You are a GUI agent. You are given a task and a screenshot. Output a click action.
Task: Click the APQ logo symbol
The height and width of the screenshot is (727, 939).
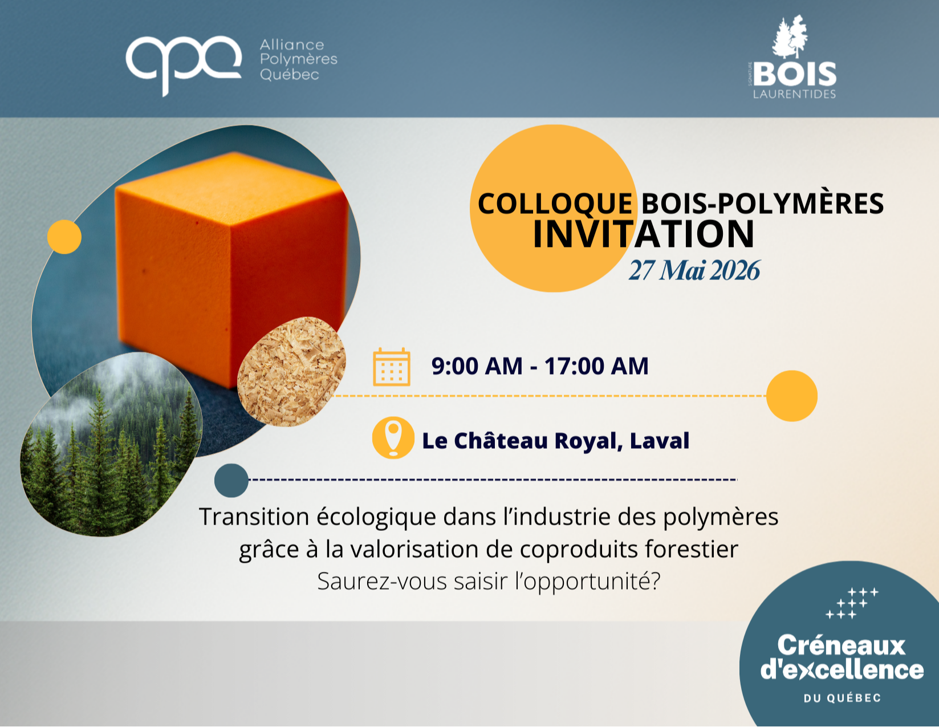pos(184,65)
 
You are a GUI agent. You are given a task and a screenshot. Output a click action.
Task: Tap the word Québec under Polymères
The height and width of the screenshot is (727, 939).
pos(290,75)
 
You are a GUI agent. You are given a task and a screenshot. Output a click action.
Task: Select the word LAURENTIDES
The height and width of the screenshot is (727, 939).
pos(794,94)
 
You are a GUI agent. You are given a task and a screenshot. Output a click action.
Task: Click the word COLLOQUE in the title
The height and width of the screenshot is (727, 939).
pos(555,204)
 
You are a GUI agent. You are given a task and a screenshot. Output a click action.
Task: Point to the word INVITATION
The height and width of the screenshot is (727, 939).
pos(644,234)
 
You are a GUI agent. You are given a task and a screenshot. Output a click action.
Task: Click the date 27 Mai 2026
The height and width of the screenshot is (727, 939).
pos(694,270)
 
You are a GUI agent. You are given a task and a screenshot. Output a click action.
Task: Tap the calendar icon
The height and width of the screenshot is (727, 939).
pos(392,367)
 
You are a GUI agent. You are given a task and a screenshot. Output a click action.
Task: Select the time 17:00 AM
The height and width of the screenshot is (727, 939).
pos(596,366)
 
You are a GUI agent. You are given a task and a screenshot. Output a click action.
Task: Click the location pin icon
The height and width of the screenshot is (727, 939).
pos(393,437)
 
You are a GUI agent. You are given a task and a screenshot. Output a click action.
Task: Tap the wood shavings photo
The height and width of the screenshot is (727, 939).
pos(292,372)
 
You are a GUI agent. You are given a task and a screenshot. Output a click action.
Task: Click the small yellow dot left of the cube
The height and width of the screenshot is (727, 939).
pos(64,237)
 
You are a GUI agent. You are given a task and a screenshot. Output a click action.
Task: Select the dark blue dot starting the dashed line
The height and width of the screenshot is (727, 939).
pos(231,480)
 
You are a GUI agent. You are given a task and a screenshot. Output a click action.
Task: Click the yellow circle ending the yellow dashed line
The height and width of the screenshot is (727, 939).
pos(792,396)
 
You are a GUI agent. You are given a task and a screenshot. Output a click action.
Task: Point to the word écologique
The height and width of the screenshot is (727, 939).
pos(376,518)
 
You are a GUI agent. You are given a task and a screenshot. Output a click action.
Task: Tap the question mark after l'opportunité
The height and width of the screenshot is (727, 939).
pos(655,581)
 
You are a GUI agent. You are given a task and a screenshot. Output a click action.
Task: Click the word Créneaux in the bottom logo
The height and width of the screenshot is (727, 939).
pos(842,646)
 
